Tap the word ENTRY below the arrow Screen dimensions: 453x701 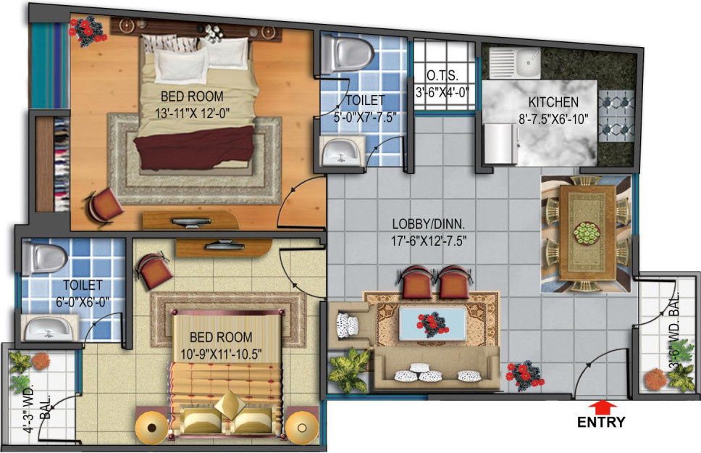[x=600, y=422]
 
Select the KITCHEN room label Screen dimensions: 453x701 [x=553, y=102]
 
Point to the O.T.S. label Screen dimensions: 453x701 [x=441, y=75]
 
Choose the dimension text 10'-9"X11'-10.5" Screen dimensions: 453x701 [x=221, y=353]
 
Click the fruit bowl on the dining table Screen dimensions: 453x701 [x=587, y=231]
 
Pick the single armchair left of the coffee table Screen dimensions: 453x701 [x=349, y=324]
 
